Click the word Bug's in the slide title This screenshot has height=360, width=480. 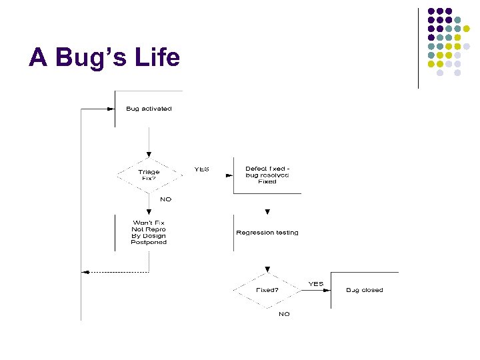[x=89, y=58]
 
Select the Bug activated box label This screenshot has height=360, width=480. [x=149, y=109]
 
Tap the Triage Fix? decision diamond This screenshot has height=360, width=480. [x=149, y=175]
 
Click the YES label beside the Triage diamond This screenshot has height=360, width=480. [x=201, y=169]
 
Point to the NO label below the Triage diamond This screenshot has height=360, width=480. [x=165, y=199]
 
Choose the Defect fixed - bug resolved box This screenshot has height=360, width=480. [x=267, y=175]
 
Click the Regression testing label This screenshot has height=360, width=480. [x=267, y=233]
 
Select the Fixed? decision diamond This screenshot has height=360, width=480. [x=267, y=290]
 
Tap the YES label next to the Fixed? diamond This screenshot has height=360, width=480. [x=316, y=284]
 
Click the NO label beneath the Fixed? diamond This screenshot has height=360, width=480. [x=284, y=314]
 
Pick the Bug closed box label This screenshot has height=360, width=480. [x=365, y=290]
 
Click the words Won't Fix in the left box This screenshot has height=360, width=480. [x=149, y=223]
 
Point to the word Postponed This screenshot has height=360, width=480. [x=149, y=243]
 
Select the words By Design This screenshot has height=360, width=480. [x=149, y=236]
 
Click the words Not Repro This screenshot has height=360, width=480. [x=149, y=229]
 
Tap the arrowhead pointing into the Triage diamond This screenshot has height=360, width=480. [x=149, y=155]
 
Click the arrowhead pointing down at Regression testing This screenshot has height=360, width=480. [x=267, y=212]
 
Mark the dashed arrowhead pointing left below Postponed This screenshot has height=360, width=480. [x=85, y=271]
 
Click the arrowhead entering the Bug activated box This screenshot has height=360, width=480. [x=111, y=109]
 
